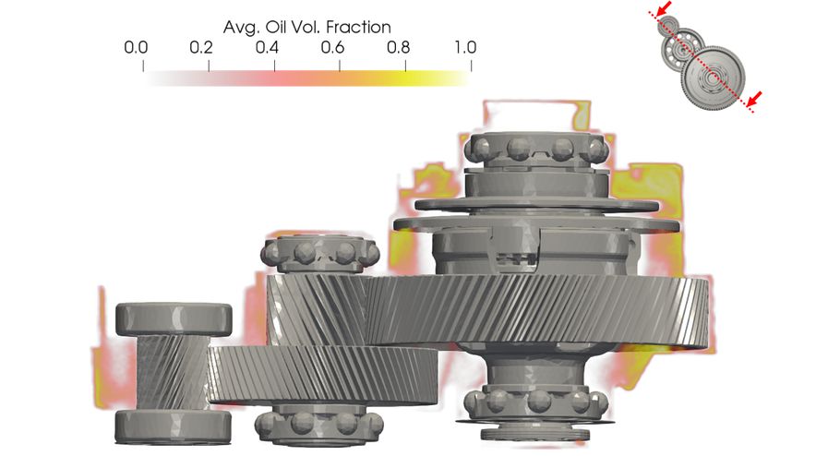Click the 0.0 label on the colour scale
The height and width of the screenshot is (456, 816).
136,48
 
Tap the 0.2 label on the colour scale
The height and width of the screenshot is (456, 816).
201,48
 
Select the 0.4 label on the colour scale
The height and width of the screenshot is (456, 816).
267,48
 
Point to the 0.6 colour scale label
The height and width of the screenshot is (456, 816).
332,48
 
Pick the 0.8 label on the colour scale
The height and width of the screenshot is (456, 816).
398,48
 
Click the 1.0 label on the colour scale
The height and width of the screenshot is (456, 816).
465,48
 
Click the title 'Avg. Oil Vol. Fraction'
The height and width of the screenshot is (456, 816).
307,27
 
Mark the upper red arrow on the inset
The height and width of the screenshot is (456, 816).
664,8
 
